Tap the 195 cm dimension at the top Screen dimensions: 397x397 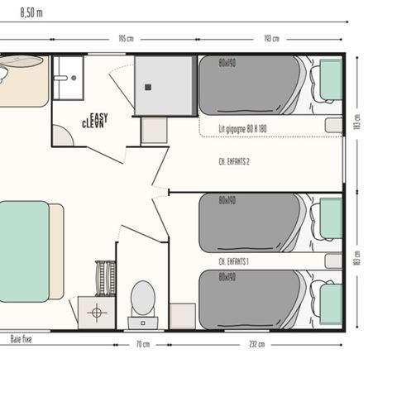(127, 39)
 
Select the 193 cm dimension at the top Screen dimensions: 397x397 (270, 39)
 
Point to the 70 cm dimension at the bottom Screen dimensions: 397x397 (142, 343)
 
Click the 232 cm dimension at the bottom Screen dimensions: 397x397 (257, 343)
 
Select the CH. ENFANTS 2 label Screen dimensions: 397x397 (234, 162)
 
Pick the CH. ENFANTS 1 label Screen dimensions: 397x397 (234, 261)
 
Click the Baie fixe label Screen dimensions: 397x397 (22, 338)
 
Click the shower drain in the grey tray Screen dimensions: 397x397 (149, 86)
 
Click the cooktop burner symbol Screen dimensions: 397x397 (97, 313)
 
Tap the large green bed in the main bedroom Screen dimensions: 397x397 (23, 251)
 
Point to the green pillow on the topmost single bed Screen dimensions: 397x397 (331, 81)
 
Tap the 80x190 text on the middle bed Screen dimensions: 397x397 (227, 200)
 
